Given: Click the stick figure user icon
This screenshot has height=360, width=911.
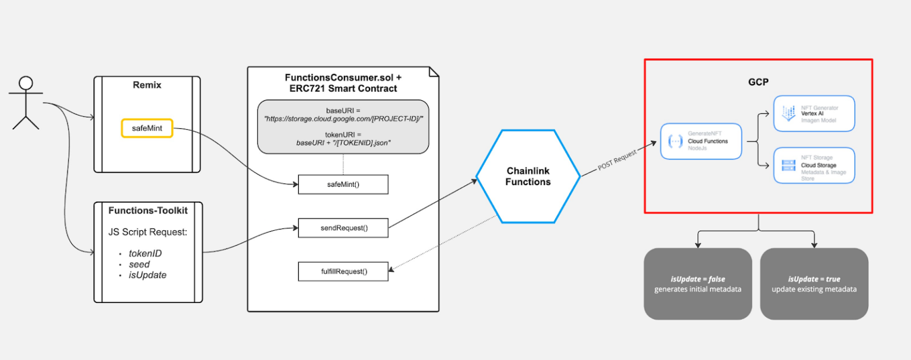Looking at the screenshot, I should (x=26, y=102).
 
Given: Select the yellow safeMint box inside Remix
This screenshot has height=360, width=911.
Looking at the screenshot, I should (x=147, y=128).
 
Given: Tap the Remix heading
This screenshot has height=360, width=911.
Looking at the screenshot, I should (x=147, y=85).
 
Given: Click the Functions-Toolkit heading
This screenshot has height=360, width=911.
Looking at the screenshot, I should (x=148, y=211).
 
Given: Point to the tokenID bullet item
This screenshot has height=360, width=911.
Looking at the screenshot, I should (x=145, y=253).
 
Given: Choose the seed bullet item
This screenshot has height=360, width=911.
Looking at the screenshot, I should (x=139, y=264).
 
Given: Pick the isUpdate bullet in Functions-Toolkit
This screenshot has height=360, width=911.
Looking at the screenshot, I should (x=148, y=275).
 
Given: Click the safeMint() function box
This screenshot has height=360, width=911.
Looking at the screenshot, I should (x=343, y=184).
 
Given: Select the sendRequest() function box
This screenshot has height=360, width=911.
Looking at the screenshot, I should (x=343, y=228).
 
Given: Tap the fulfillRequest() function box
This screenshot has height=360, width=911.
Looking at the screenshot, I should (x=343, y=272).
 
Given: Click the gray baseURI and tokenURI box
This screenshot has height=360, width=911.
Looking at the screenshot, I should (x=343, y=126).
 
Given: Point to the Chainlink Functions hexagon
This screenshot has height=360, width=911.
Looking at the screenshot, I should (x=528, y=176).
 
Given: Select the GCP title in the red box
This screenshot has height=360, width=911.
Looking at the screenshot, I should (x=758, y=82).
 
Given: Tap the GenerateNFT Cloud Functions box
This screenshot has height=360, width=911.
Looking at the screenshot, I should (x=701, y=141).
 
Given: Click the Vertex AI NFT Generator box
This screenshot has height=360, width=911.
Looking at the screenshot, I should (x=814, y=113).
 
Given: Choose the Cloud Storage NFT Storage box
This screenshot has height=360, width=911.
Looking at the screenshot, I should (x=814, y=165).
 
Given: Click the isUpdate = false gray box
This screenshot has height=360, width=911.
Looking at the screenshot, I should (x=697, y=283).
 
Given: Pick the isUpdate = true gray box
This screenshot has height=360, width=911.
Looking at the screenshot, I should (x=814, y=283).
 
